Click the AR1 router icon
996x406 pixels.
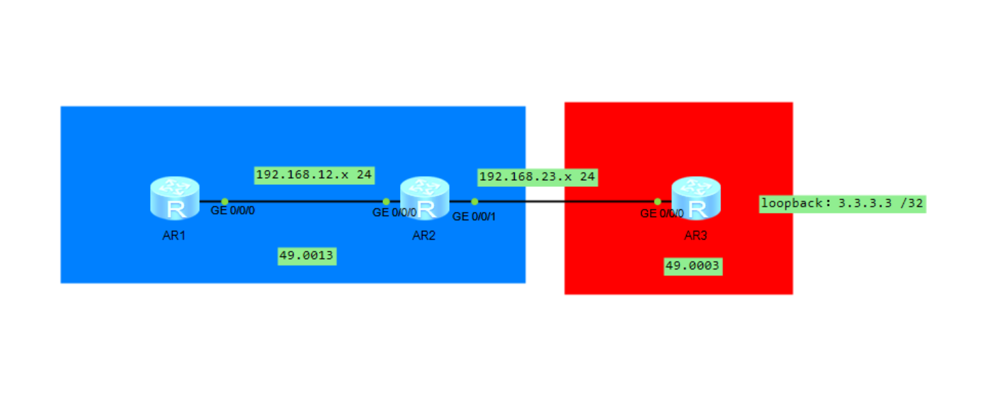coord(175,198)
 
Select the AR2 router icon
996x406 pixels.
coord(425,198)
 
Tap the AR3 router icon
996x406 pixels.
coord(696,198)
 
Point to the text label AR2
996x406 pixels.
coord(424,236)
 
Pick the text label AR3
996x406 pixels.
coord(696,236)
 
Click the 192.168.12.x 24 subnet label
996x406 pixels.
coord(314,175)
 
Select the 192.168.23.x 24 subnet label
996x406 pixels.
coord(537,177)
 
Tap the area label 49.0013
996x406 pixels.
coord(307,257)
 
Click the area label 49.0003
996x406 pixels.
coord(693,266)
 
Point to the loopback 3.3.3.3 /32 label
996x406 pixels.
coord(842,203)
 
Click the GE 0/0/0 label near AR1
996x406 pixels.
coord(232,211)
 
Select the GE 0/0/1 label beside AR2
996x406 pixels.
coord(474,216)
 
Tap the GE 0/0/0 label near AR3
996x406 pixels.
coord(661,214)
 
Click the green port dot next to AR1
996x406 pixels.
coord(225,201)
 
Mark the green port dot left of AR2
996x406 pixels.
coord(386,201)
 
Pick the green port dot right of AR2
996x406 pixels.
coord(474,201)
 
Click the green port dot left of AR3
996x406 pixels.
coord(657,201)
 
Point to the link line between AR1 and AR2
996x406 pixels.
coord(304,201)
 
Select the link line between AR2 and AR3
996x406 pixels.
coord(567,201)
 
